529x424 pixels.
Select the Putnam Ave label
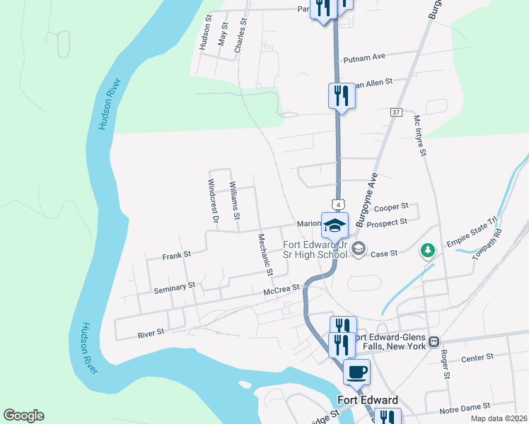pos(364,58)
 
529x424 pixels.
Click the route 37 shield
pos(395,112)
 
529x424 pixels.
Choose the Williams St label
pos(234,199)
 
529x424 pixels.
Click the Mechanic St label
pos(265,254)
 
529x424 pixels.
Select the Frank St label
pos(177,254)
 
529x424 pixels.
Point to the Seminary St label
pos(175,288)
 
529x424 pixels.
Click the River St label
pos(151,331)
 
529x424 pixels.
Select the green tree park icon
pos(427,250)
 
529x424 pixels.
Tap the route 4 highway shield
pos(339,204)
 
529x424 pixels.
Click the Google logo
pos(23,416)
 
